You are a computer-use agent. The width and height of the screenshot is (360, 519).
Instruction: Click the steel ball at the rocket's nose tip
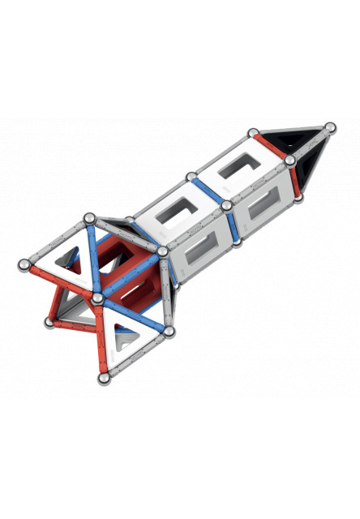329,127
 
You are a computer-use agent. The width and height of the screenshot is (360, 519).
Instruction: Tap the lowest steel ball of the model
105,378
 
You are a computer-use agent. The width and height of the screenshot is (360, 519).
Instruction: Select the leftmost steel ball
24,264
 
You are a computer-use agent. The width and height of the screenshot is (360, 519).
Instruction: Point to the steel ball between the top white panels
190,176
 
